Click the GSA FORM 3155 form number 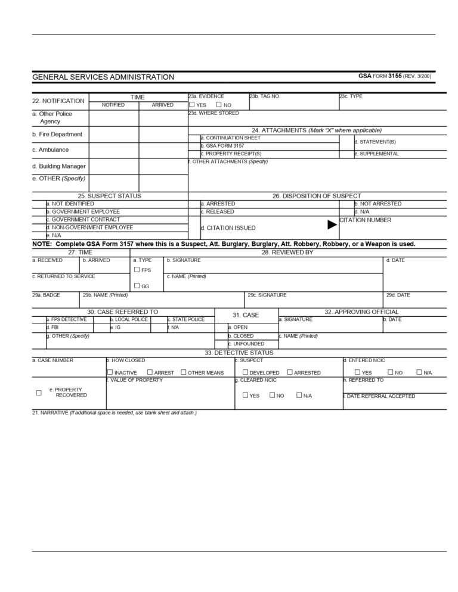click(x=395, y=76)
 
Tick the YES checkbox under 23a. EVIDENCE click(x=192, y=104)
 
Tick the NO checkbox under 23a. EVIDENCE click(x=219, y=104)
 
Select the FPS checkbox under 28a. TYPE click(x=137, y=270)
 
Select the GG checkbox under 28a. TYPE click(x=137, y=286)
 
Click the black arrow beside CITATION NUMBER click(x=332, y=225)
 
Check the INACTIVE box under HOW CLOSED click(x=110, y=372)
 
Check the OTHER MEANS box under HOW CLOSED click(x=183, y=372)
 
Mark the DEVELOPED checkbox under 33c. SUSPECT click(x=245, y=372)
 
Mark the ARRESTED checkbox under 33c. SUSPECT click(x=290, y=372)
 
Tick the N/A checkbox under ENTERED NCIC click(x=419, y=372)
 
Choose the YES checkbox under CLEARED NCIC click(x=245, y=395)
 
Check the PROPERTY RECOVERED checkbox click(x=39, y=392)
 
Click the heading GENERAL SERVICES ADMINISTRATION click(x=103, y=77)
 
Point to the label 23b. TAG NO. click(x=265, y=96)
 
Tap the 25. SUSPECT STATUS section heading click(x=110, y=196)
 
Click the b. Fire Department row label click(x=57, y=135)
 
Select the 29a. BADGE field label click(x=46, y=295)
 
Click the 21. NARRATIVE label click(x=114, y=413)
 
